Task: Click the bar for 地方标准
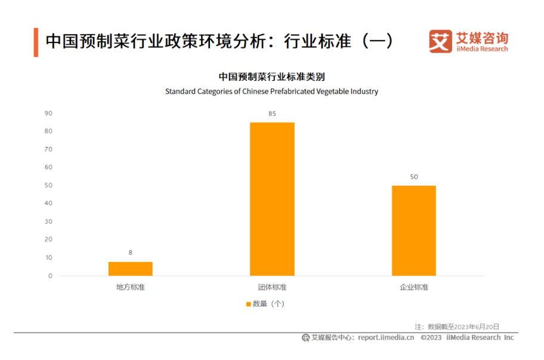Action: click(x=130, y=269)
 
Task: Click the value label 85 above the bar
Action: click(x=272, y=113)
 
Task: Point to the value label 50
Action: click(x=413, y=177)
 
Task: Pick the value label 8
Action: click(x=130, y=253)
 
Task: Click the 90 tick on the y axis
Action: click(x=48, y=113)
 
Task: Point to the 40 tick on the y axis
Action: click(x=48, y=204)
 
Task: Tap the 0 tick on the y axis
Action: click(x=50, y=276)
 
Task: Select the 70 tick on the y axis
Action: click(x=48, y=149)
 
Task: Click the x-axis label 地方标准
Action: click(x=130, y=287)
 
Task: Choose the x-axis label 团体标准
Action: click(x=272, y=287)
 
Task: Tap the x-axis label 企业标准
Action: click(x=413, y=287)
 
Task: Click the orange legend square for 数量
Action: click(x=248, y=304)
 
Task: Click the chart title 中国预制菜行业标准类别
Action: click(x=271, y=77)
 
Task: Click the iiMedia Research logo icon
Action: click(x=440, y=41)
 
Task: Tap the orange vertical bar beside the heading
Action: click(x=36, y=42)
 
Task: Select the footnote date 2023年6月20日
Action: click(x=476, y=327)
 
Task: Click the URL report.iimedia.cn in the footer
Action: click(x=386, y=337)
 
